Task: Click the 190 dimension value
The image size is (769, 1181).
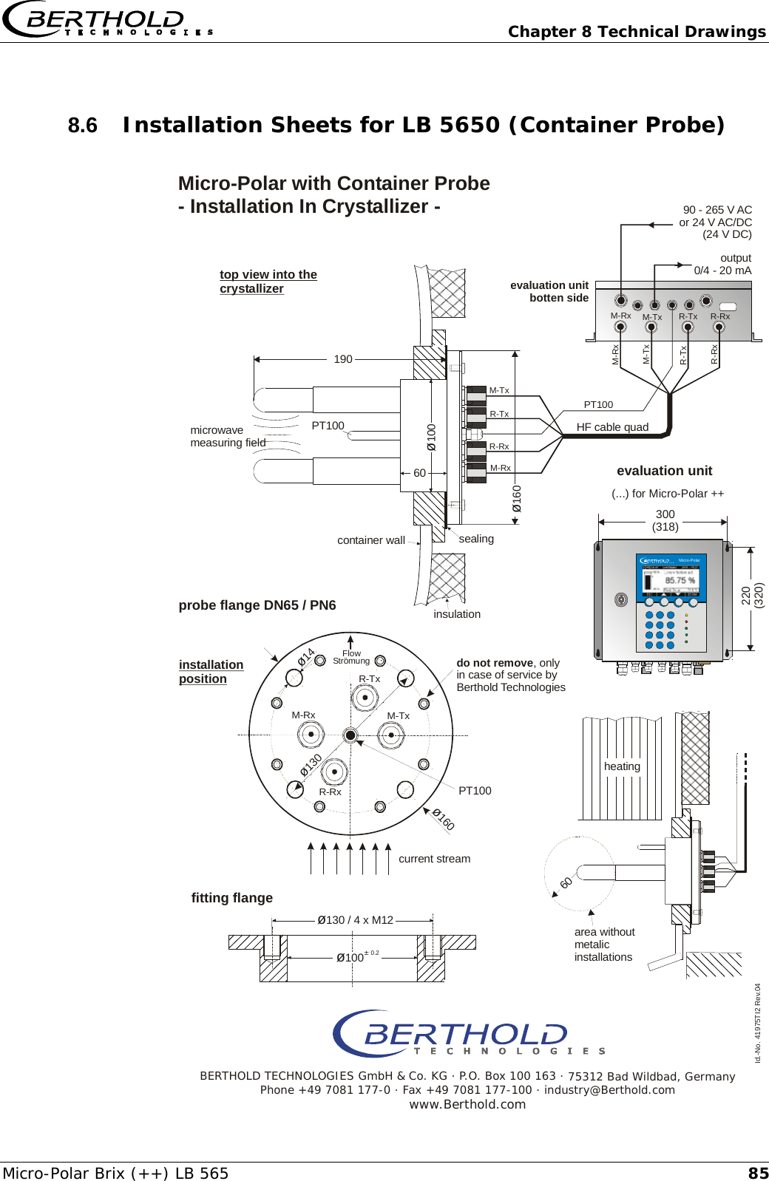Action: pyautogui.click(x=342, y=359)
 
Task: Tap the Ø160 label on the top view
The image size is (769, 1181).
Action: pyautogui.click(x=517, y=498)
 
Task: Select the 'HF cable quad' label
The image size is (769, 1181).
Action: pyautogui.click(x=612, y=427)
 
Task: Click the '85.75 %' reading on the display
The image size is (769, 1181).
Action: pyautogui.click(x=680, y=580)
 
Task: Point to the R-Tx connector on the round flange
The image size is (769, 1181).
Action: pyautogui.click(x=365, y=697)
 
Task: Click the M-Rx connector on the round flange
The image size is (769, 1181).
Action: pyautogui.click(x=311, y=735)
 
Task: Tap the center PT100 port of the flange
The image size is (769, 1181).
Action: pyautogui.click(x=350, y=735)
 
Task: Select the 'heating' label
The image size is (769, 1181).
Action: pyautogui.click(x=622, y=766)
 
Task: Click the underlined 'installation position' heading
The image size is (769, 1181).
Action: pyautogui.click(x=211, y=672)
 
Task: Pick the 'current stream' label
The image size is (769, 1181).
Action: pyautogui.click(x=434, y=859)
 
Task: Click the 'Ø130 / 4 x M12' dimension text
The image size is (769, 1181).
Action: pyautogui.click(x=355, y=920)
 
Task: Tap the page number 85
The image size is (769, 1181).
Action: pyautogui.click(x=758, y=1173)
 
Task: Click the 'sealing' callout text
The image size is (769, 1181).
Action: pyautogui.click(x=475, y=539)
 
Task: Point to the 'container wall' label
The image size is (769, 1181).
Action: pyautogui.click(x=370, y=540)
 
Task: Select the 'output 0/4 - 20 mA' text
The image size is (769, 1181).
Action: pyautogui.click(x=722, y=264)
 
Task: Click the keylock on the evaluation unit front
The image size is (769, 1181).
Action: pyautogui.click(x=621, y=599)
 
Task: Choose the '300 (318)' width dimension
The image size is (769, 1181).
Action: pyautogui.click(x=665, y=520)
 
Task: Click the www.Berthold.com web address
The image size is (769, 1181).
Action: pyautogui.click(x=467, y=1104)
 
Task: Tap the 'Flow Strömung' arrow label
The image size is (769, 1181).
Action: pyautogui.click(x=351, y=656)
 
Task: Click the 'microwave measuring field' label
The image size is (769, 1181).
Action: pyautogui.click(x=227, y=436)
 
